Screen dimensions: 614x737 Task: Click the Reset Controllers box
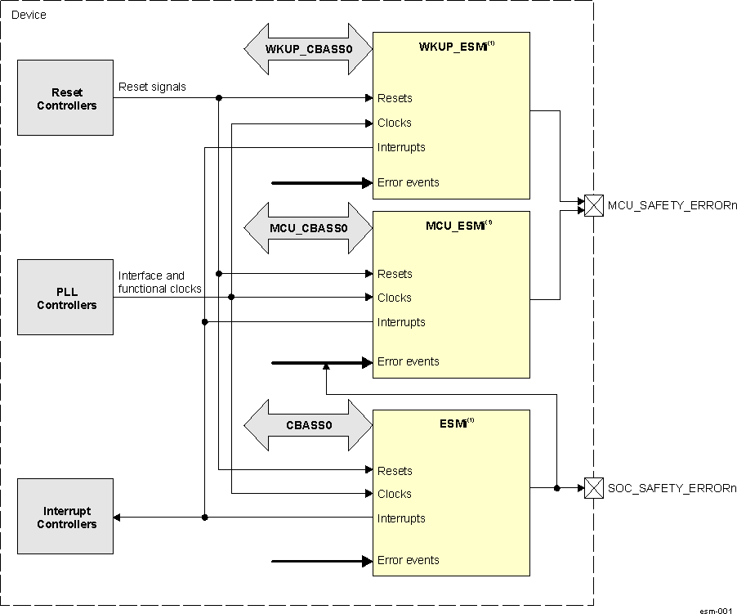click(66, 98)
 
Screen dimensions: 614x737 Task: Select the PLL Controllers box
click(66, 298)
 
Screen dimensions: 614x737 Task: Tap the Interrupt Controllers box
click(66, 518)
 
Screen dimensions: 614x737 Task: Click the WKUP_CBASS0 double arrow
click(308, 48)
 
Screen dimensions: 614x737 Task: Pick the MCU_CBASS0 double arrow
click(308, 226)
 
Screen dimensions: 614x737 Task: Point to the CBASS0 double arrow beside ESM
click(308, 425)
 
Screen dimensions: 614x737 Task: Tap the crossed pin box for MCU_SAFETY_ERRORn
click(594, 205)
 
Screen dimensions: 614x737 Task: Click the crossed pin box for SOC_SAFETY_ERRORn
click(594, 488)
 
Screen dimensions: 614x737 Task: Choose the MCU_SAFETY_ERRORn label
click(672, 206)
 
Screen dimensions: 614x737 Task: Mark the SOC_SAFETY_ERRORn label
click(672, 488)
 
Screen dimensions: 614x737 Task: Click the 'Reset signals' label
click(152, 87)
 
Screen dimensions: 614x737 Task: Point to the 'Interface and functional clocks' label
click(160, 282)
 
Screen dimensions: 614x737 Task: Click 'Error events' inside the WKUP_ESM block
click(408, 182)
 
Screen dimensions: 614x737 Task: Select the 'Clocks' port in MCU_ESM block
click(394, 298)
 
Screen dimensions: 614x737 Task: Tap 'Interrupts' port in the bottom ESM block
click(401, 518)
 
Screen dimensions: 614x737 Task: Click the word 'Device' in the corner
click(29, 15)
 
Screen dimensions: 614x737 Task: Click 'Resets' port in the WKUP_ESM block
click(395, 98)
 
